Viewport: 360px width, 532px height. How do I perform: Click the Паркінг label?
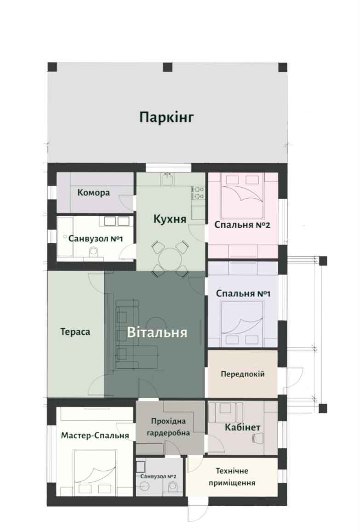point(166,117)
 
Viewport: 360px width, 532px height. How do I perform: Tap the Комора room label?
point(94,193)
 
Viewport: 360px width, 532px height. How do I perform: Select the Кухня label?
point(170,219)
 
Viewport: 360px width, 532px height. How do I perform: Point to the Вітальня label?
point(157,332)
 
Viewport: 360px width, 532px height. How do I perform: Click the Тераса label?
point(75,332)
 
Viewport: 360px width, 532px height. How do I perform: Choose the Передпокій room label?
point(242,374)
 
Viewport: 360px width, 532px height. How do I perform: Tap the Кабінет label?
point(243,428)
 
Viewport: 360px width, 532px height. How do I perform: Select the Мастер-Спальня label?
point(95,435)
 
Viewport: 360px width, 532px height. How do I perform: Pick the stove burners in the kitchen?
point(199,192)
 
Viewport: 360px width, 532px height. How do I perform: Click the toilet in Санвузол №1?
point(93,252)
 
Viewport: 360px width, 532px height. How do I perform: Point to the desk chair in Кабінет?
point(257,438)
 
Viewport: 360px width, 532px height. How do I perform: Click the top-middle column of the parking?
point(168,67)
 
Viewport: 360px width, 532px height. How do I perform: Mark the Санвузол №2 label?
point(159,476)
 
